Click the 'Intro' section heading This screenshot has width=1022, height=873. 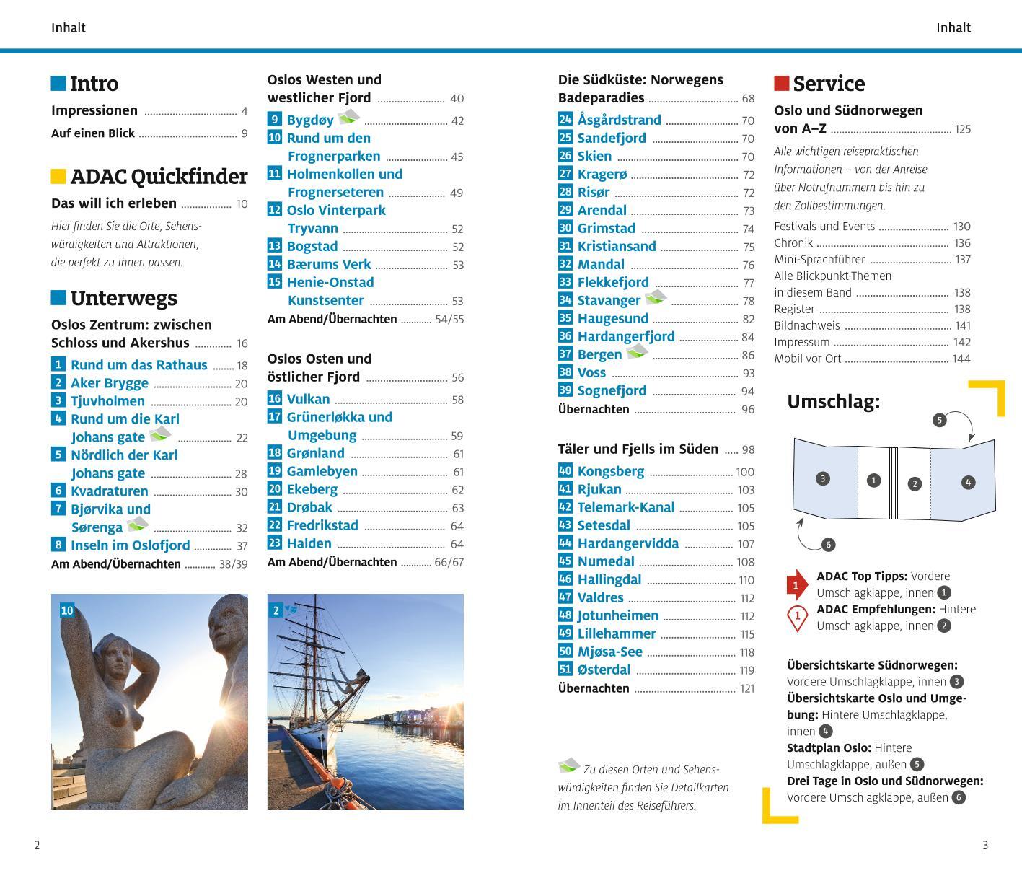(94, 84)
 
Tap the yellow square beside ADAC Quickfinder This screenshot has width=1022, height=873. (58, 176)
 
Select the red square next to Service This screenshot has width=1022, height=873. (781, 83)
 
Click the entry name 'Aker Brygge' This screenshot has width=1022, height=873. (110, 383)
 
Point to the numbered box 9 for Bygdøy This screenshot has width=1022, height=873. (274, 120)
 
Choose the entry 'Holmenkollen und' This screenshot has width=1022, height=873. (345, 174)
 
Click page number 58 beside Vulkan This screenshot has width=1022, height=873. (457, 400)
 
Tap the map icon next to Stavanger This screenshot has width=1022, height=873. (656, 297)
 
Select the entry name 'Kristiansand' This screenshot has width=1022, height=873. (617, 246)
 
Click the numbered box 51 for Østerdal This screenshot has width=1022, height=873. (565, 670)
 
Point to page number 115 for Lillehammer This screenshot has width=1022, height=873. (746, 634)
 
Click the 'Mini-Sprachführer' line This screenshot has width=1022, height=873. (819, 259)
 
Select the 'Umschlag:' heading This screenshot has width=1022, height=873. (833, 402)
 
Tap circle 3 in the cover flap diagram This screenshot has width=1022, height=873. (822, 478)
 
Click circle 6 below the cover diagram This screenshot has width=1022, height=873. (828, 545)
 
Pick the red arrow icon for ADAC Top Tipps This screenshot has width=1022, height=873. (796, 585)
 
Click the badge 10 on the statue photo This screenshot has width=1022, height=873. (66, 610)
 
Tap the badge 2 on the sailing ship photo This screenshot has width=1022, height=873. (276, 610)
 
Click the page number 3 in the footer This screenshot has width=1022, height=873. (985, 846)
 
